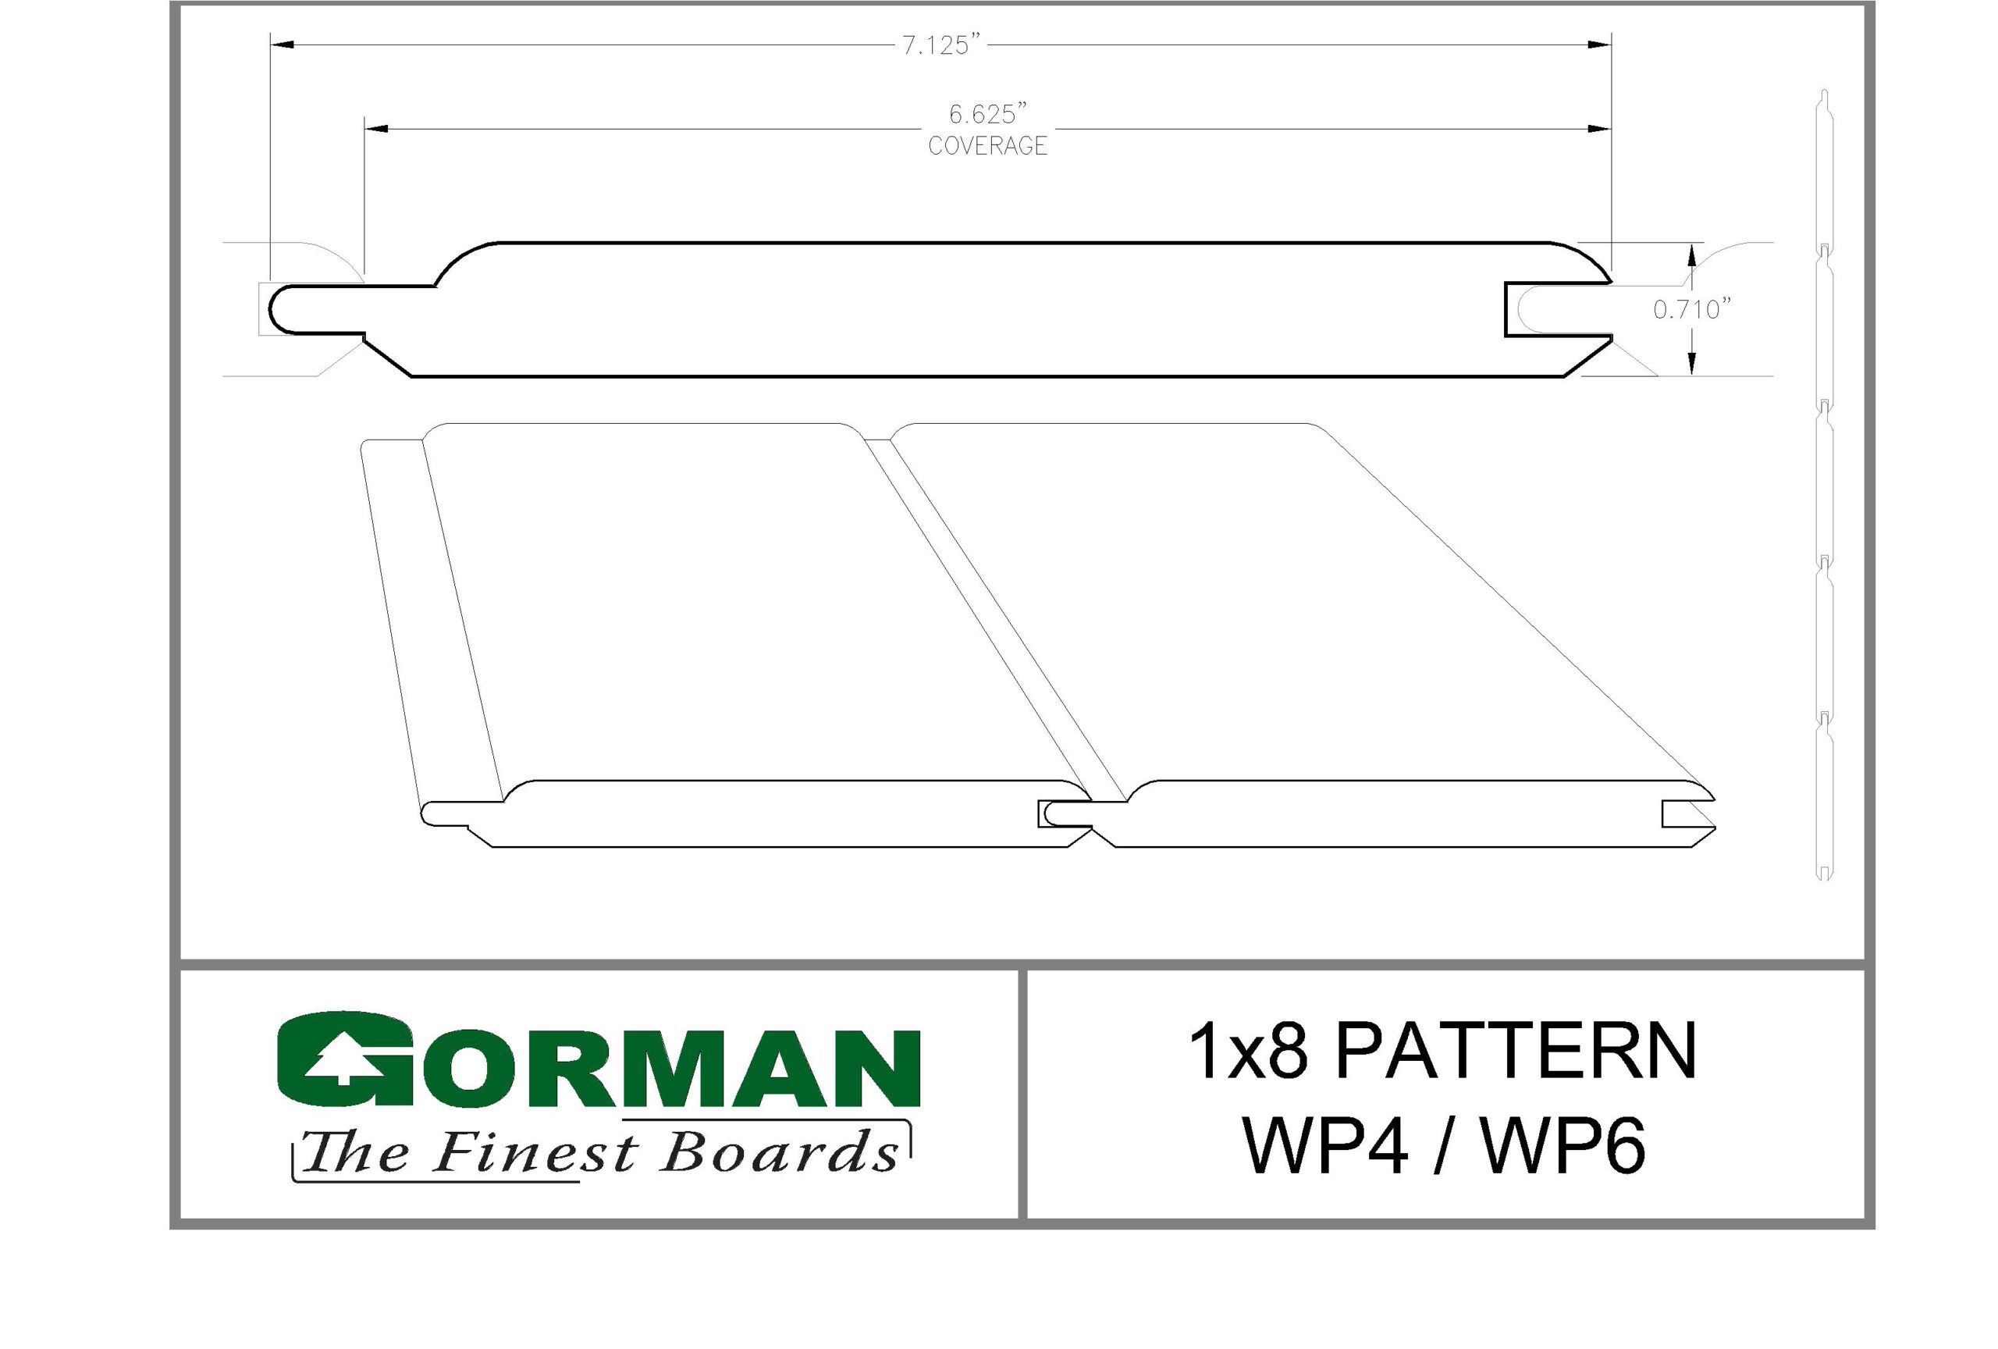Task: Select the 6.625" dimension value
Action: [989, 113]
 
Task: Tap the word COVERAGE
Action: [988, 146]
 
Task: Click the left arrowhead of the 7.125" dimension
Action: [282, 43]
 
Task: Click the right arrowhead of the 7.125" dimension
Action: [1599, 43]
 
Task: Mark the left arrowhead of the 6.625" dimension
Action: [375, 130]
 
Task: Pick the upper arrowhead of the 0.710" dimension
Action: [1692, 255]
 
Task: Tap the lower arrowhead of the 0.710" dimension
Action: [1692, 365]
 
